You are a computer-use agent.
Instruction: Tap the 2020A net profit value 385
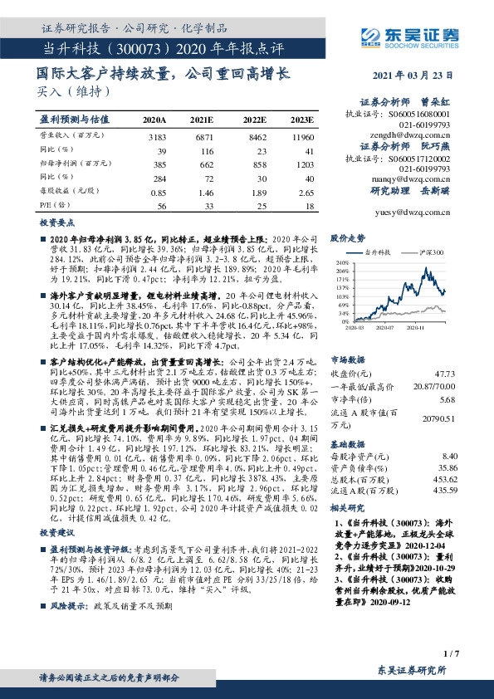tap(159, 164)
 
